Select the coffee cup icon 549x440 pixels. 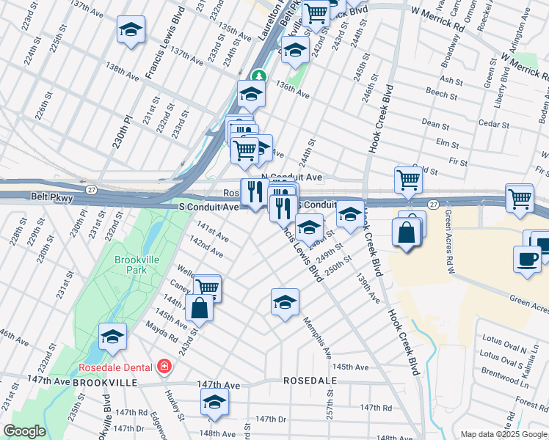click(529, 258)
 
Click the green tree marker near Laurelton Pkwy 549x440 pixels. click(258, 76)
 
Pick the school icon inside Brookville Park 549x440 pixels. click(112, 336)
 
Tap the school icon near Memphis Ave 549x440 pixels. click(285, 300)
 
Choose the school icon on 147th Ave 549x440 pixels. click(214, 401)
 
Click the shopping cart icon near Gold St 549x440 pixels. click(408, 178)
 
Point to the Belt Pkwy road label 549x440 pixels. click(49, 197)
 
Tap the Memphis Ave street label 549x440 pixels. click(318, 338)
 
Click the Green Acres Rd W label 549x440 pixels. click(449, 235)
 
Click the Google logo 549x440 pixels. click(25, 431)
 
